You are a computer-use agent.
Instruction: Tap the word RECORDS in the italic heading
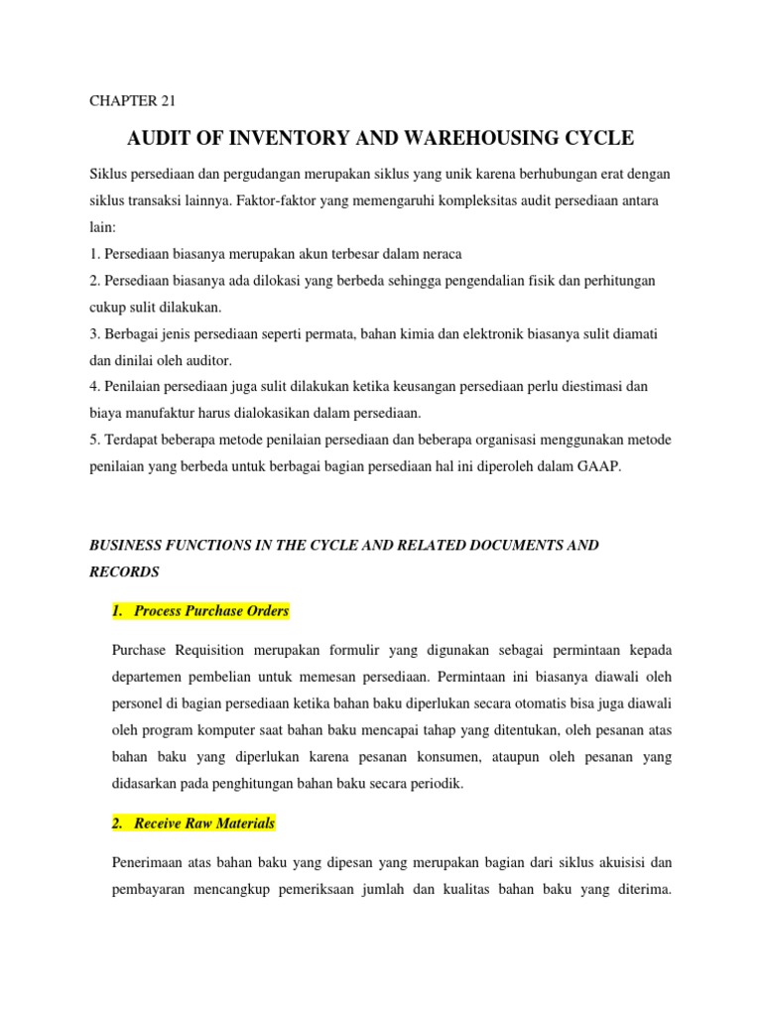tap(124, 572)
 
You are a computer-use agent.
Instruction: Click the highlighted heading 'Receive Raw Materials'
tap(203, 824)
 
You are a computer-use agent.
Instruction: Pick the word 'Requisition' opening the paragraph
tap(218, 650)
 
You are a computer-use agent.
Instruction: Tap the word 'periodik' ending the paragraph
tap(437, 783)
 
